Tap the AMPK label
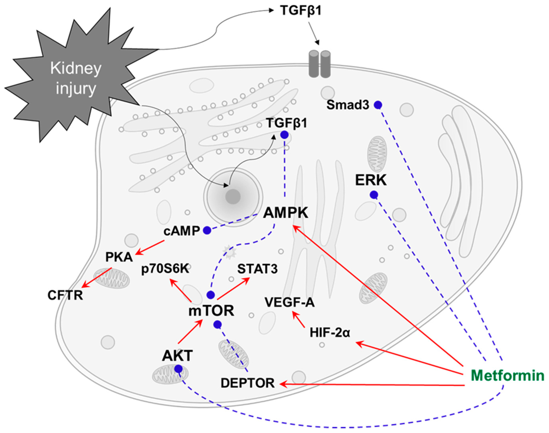(286, 213)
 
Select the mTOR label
(211, 311)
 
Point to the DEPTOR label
(248, 383)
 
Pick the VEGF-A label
(290, 302)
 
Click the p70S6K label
(165, 269)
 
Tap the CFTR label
(65, 295)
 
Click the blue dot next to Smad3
(378, 105)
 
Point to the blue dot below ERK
(374, 195)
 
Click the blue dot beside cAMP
(207, 230)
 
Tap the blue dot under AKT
(178, 369)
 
